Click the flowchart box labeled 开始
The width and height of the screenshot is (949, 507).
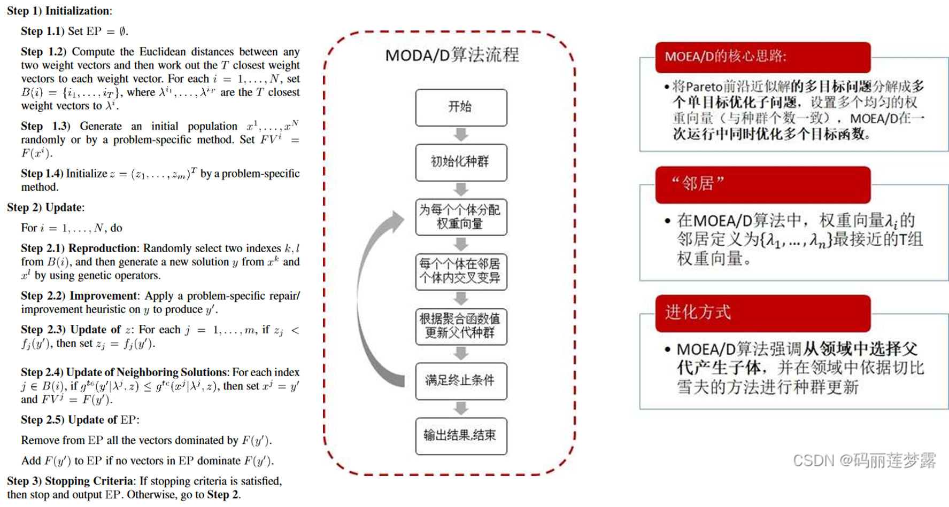(x=461, y=107)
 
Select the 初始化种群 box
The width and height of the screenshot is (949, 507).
(x=461, y=162)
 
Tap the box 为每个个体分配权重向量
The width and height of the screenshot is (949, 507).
(x=461, y=217)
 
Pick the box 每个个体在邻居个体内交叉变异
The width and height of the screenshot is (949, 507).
(x=461, y=271)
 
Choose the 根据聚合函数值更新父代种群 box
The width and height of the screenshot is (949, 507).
(x=461, y=326)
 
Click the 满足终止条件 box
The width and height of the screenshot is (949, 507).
(x=461, y=381)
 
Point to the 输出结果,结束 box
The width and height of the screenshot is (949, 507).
(x=461, y=436)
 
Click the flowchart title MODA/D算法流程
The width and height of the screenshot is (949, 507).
(x=452, y=55)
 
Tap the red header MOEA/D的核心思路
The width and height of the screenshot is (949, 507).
(x=762, y=57)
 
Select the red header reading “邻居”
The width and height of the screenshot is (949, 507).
(x=762, y=184)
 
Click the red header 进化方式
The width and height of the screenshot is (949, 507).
(x=762, y=313)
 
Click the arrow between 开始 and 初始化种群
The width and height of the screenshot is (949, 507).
(x=461, y=135)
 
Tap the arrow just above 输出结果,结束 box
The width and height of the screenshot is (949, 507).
(x=461, y=409)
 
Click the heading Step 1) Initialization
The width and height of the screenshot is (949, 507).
(x=59, y=11)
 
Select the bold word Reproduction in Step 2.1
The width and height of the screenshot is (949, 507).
(x=102, y=248)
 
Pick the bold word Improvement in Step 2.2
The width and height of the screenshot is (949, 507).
(x=103, y=296)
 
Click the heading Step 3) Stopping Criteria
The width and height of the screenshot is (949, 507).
(x=70, y=481)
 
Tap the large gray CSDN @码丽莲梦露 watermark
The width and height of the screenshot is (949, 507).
(x=864, y=460)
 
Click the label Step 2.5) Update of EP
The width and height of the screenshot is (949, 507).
(x=80, y=420)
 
